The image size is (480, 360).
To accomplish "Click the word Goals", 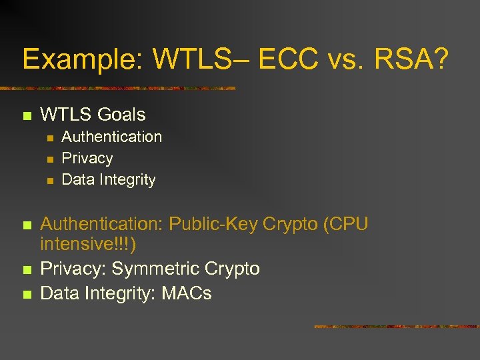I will [x=121, y=115].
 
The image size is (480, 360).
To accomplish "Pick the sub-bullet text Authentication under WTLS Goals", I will [x=111, y=137].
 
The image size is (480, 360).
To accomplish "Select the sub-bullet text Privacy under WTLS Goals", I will [x=87, y=158].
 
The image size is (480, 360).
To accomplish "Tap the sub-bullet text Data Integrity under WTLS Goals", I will [x=108, y=179].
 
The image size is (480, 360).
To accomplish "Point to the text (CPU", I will [x=345, y=224].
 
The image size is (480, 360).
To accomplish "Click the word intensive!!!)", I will [x=89, y=245].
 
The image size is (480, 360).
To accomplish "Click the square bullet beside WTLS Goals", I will [x=27, y=116].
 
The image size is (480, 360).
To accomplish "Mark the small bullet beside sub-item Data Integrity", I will [x=49, y=181].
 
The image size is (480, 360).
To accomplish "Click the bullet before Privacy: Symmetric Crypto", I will [x=27, y=270].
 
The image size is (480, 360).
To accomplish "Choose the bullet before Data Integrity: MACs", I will [x=27, y=294].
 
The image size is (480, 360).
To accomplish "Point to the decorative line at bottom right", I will [x=396, y=327].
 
